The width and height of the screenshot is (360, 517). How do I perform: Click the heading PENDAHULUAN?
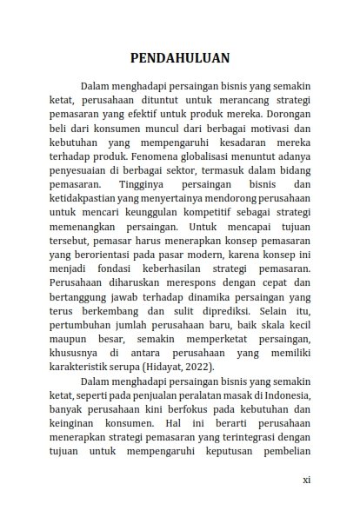pyautogui.click(x=179, y=59)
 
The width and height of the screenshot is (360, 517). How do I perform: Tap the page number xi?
pyautogui.click(x=306, y=479)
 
